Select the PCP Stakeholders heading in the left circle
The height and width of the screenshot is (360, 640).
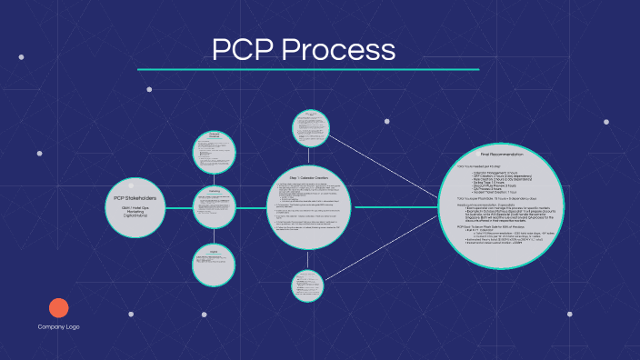pos(135,197)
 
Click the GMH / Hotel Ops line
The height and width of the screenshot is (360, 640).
pos(135,207)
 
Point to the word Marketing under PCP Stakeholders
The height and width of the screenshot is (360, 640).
pos(135,213)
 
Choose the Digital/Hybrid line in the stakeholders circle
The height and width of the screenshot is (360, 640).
pos(135,219)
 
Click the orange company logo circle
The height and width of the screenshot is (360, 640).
pos(58,307)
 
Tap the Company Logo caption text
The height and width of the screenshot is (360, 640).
pos(58,327)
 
